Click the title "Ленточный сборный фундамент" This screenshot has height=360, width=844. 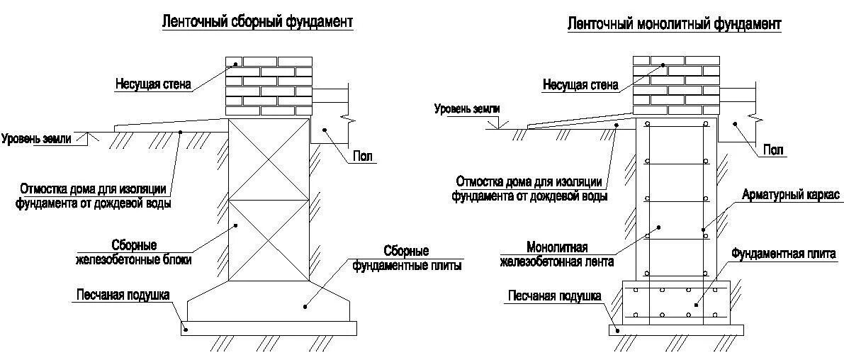pos(257,23)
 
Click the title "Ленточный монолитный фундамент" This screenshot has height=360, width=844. pos(674,25)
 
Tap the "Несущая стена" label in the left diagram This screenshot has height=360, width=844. pos(154,84)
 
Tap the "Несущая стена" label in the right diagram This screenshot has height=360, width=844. pos(580,85)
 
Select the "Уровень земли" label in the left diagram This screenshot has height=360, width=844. pos(36,138)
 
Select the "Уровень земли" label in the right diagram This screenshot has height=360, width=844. pos(467,109)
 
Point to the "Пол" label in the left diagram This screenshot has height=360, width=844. pos(362,156)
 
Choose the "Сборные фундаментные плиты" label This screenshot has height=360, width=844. pos(407,259)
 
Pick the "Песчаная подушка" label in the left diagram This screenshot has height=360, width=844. pos(123,294)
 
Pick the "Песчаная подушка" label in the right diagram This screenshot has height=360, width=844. pos(554,296)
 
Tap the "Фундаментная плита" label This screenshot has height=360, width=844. pos(787,252)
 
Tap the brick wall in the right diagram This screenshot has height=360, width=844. pos(676,86)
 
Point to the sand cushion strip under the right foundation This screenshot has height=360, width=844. pos(676,330)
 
